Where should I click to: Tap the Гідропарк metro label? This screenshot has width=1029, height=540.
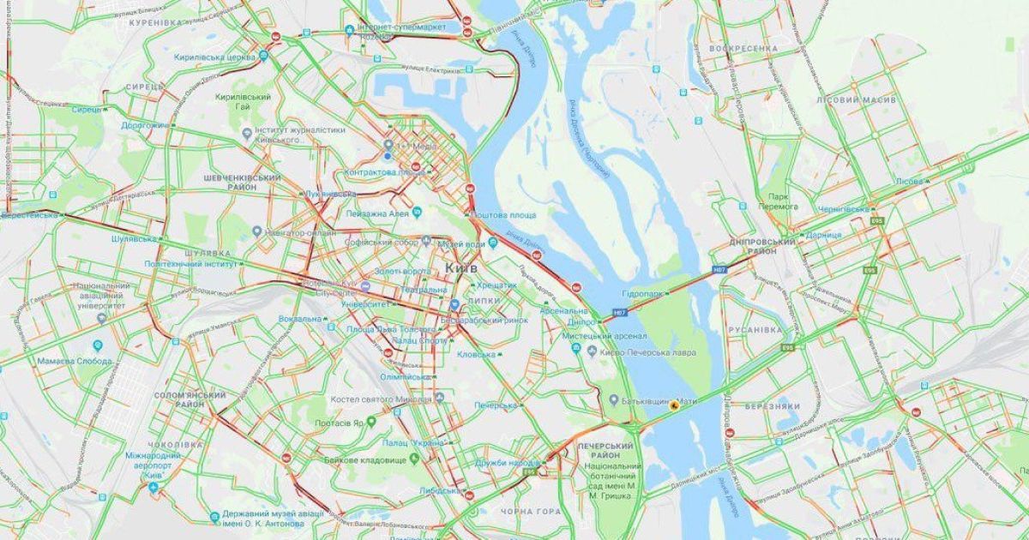[643, 293]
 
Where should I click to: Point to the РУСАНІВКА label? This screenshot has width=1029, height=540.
[755, 329]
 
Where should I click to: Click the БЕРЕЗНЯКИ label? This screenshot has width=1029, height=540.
[772, 406]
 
